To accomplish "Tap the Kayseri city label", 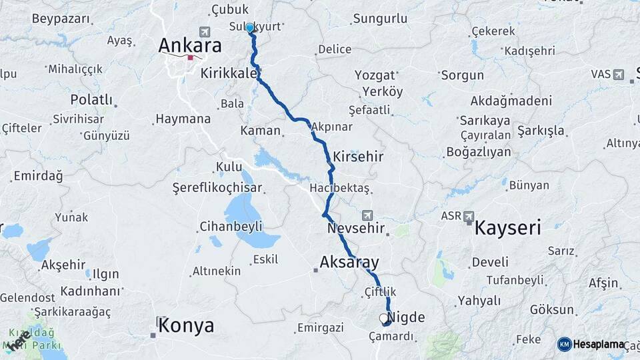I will [x=507, y=228].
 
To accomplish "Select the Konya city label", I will [x=187, y=325].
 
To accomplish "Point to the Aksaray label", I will [x=349, y=261].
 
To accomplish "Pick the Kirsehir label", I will [x=359, y=155].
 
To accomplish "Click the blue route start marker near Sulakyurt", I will [x=250, y=28].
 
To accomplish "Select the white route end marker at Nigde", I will [x=383, y=319].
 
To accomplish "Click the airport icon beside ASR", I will [x=469, y=217].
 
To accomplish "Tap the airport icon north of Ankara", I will [x=203, y=31].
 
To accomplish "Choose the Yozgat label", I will [x=375, y=75].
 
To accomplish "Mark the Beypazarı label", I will [x=60, y=19].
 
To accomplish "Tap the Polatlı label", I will [x=91, y=99].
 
